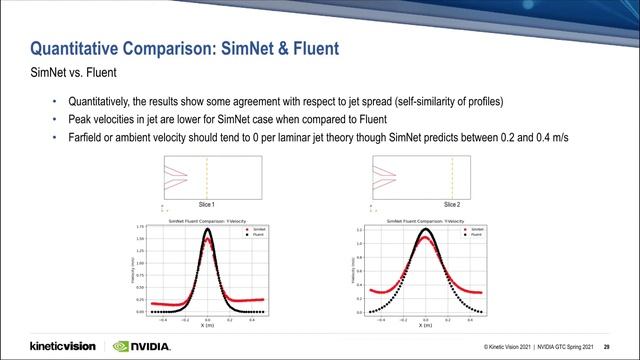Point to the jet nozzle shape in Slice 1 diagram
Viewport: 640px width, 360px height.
tap(174, 177)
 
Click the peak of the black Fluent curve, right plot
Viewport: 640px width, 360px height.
tap(425, 231)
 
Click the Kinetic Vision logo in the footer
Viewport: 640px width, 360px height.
tap(62, 346)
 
